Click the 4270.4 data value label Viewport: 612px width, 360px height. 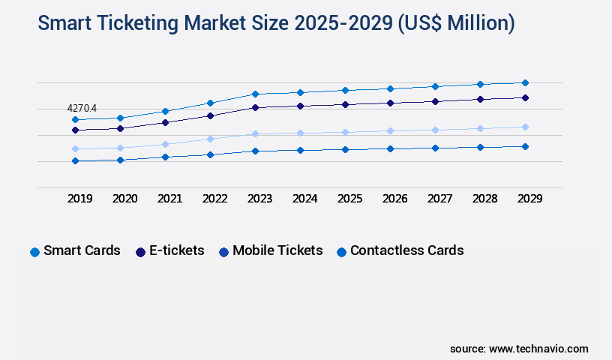(x=82, y=109)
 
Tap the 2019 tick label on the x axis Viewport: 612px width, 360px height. (x=80, y=199)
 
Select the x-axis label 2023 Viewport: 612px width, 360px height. (x=260, y=199)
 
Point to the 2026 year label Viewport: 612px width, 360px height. (x=395, y=199)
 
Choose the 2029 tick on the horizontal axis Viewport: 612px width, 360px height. (x=529, y=199)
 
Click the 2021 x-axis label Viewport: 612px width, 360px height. (x=170, y=199)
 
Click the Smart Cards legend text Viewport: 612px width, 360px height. (x=82, y=250)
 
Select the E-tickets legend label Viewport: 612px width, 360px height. (x=176, y=250)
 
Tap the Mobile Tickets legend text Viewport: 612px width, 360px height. (x=277, y=250)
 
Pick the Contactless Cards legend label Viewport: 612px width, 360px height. (x=406, y=250)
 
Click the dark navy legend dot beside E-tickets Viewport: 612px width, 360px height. (x=140, y=252)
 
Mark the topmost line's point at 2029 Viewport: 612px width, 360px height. (x=525, y=82)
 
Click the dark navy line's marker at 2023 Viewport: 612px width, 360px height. (x=255, y=107)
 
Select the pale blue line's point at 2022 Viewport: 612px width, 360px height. (x=210, y=139)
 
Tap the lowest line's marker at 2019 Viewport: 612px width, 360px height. (x=75, y=160)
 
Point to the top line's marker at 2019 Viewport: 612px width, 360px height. (x=75, y=119)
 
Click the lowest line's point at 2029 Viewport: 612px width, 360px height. (x=525, y=146)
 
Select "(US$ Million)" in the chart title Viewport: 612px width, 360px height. (x=453, y=24)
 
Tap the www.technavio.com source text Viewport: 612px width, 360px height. (x=538, y=349)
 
